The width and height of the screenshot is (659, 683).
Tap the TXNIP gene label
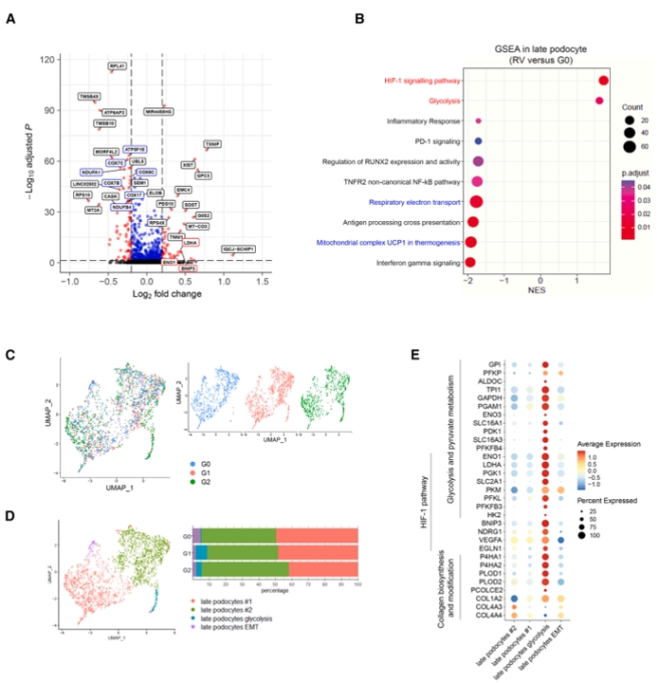(x=212, y=144)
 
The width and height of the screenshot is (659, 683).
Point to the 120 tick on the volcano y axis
(x=46, y=60)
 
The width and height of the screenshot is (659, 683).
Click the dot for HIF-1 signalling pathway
(x=604, y=82)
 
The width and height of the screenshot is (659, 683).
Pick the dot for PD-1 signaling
(x=479, y=141)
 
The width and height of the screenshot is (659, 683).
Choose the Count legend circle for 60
(x=627, y=146)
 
